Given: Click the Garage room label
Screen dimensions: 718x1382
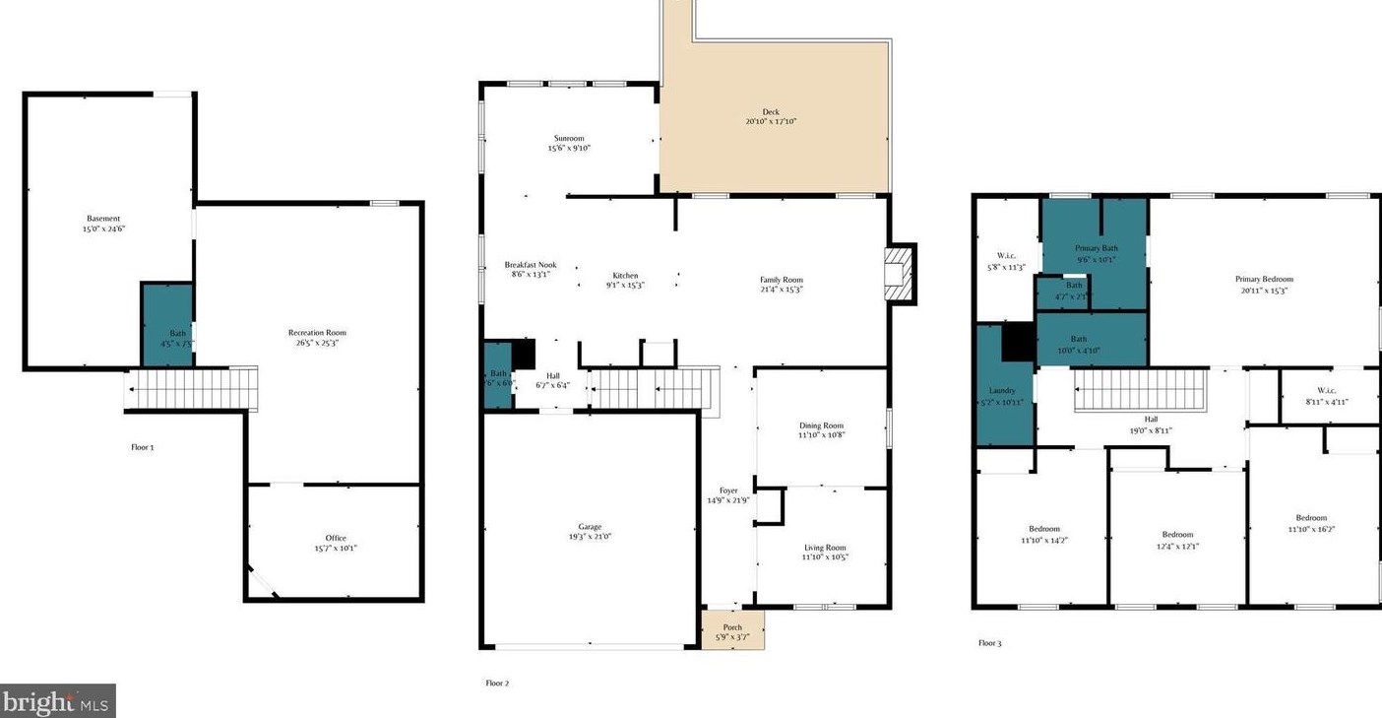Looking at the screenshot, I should pos(590,527).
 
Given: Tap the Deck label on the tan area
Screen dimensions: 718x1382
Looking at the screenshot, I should pos(770,112).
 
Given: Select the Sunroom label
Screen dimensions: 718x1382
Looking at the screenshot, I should pos(569,138).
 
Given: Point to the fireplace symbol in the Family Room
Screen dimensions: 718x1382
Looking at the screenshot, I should pos(898,273).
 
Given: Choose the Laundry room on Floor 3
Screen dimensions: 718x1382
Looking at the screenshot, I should pos(1002,390).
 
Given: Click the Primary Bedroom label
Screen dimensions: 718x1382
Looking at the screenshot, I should pos(1264,279).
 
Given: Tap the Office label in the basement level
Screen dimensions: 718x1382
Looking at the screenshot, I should pos(335,538).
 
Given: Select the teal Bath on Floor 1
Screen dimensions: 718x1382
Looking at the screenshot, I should pos(167,325).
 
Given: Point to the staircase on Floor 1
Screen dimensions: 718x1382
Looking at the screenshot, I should pos(193,388).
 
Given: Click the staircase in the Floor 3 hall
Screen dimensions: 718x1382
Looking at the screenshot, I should pos(1140,390).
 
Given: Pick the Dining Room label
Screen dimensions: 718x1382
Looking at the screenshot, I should pos(822,425).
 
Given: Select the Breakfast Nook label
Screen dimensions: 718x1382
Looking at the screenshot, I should pos(531,265).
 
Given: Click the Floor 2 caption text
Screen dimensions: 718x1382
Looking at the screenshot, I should pos(497,683).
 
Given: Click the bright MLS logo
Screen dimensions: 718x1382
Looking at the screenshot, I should pos(57,701).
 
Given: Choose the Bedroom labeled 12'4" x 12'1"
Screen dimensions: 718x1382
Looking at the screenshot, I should pos(1177,535).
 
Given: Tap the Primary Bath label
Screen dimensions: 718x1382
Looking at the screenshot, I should pos(1095,248).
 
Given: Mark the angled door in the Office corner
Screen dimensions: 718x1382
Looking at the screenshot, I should pos(262,582).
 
